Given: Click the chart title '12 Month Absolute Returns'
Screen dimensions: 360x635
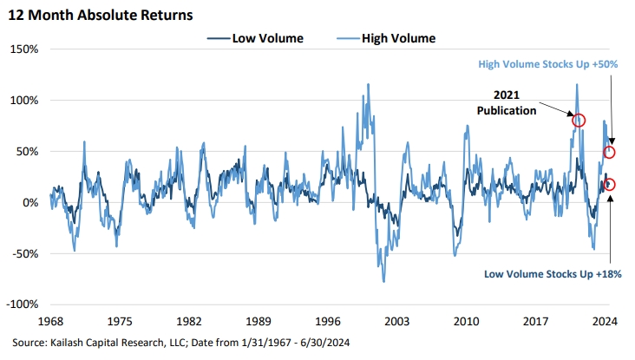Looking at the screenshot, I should pos(100,15).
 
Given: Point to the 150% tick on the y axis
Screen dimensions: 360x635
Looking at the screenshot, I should pos(23,49).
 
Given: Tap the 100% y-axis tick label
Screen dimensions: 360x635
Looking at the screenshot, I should pos(23,100).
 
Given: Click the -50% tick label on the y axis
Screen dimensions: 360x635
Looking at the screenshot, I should pos(23,254).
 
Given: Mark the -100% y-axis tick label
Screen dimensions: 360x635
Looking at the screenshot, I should pos(22,305).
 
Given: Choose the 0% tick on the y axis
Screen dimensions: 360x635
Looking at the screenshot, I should pos(29,203).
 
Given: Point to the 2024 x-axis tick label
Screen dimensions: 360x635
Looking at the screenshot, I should pos(604,319).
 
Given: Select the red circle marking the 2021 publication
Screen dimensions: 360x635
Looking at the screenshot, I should pos(579,121).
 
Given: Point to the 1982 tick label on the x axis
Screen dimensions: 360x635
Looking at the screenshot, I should pos(189,319).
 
